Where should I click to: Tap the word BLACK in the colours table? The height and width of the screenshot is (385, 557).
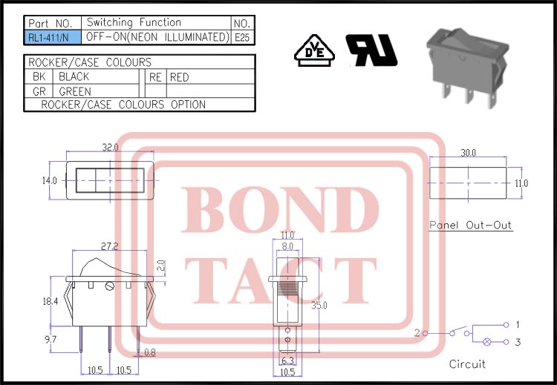coord(74,77)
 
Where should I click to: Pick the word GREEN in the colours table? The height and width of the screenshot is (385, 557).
coord(75,91)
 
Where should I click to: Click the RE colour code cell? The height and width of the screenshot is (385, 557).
coord(155,77)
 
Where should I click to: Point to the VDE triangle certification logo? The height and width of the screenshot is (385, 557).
coord(313,50)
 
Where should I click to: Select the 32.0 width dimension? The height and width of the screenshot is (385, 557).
coord(110,148)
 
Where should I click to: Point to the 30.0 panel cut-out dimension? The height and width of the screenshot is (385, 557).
coord(468,153)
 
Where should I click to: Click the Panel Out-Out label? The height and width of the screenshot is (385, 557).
coord(471,226)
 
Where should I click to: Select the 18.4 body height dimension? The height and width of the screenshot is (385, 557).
coord(50,301)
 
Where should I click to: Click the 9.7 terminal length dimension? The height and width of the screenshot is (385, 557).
coord(50,338)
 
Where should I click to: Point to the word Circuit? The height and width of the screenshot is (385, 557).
coord(467,364)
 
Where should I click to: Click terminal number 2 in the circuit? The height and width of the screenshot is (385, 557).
coord(417,333)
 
